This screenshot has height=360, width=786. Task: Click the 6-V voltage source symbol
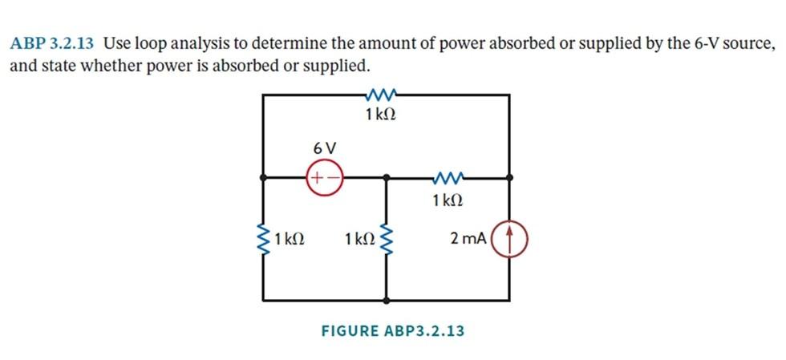click(323, 176)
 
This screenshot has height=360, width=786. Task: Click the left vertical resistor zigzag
click(264, 238)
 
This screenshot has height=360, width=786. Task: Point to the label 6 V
click(325, 148)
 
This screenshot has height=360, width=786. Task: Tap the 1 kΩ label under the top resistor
click(380, 115)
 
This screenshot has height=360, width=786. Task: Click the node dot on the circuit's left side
click(264, 176)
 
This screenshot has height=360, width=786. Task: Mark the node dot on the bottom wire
click(387, 301)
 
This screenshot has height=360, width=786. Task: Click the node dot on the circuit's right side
click(509, 176)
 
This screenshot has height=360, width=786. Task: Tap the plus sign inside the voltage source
click(317, 176)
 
